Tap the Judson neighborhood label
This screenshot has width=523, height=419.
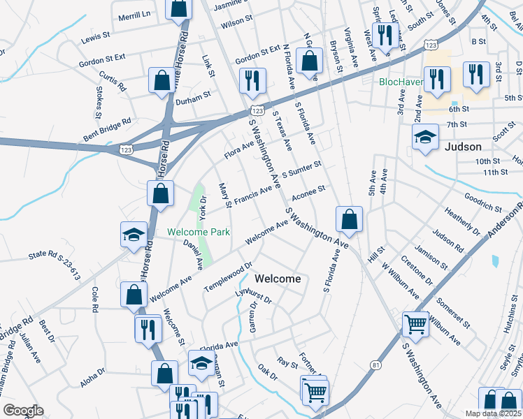(x=464, y=147)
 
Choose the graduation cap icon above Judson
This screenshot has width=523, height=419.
(x=424, y=138)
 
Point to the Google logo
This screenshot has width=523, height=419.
(x=23, y=411)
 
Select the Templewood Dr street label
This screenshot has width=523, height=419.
(x=227, y=277)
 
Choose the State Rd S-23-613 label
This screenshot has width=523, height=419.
(x=55, y=265)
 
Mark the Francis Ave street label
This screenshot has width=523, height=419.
(x=253, y=195)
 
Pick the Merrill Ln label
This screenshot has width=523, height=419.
(x=134, y=15)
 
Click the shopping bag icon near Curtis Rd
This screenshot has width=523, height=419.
(x=162, y=80)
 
